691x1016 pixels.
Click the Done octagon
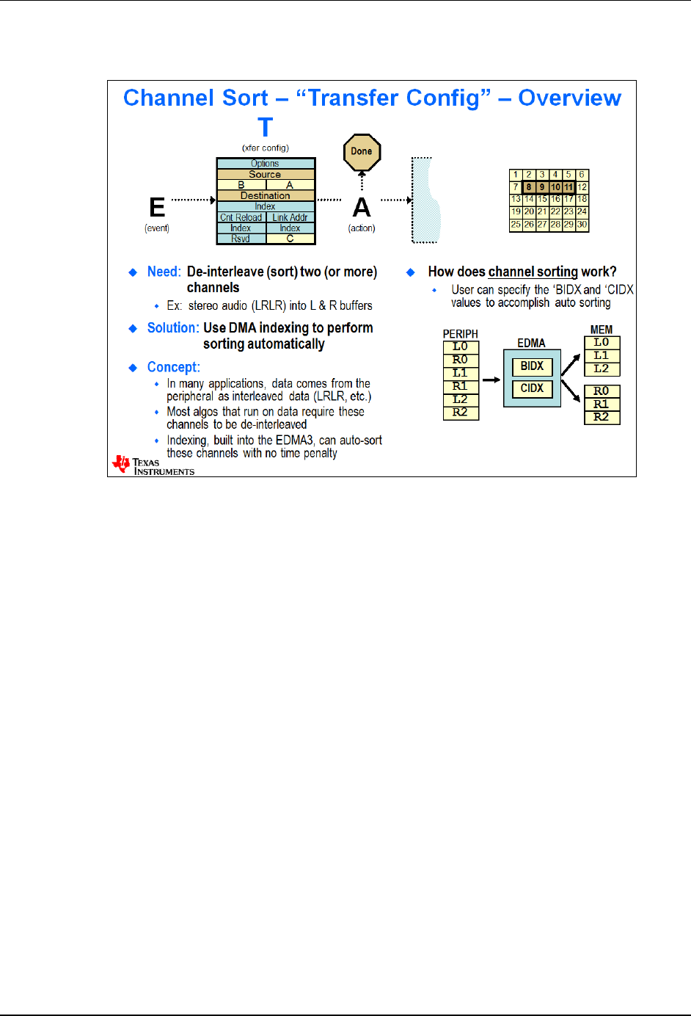click(x=362, y=152)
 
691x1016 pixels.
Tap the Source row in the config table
click(x=265, y=175)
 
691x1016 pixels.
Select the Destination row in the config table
click(x=265, y=196)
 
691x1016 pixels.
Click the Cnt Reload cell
click(x=241, y=217)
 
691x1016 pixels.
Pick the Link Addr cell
click(x=290, y=217)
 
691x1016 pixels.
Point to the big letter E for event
click(x=157, y=208)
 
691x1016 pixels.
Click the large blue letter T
click(x=265, y=128)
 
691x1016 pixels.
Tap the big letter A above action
click(x=362, y=208)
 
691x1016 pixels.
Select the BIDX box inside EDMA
click(x=532, y=366)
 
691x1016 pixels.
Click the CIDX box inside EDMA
click(x=532, y=388)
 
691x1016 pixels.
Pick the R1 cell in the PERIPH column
click(x=460, y=386)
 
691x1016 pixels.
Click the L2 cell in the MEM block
click(x=602, y=369)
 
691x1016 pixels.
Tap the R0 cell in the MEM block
click(x=602, y=391)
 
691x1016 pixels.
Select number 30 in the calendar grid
click(x=582, y=225)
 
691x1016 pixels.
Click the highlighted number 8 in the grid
click(x=529, y=187)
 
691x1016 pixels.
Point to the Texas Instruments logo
click(x=153, y=465)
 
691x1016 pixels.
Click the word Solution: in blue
click(x=173, y=328)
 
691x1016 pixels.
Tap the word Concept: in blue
click(x=173, y=367)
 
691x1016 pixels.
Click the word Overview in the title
click(x=569, y=98)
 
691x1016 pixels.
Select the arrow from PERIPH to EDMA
click(x=491, y=380)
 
